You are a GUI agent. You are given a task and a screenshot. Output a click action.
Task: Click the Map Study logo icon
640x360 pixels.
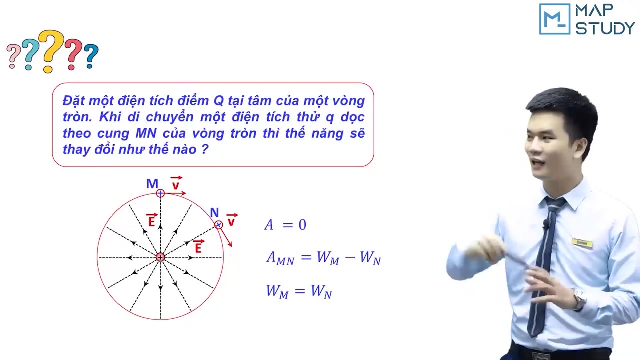click(554, 19)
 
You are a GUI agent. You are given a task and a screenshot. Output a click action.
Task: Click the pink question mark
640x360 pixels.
click(13, 56)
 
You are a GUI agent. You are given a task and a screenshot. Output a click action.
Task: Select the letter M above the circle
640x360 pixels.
click(152, 184)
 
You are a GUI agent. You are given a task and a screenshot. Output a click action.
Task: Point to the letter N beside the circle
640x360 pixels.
click(214, 213)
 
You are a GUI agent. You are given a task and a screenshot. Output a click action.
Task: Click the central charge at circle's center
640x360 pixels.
click(160, 257)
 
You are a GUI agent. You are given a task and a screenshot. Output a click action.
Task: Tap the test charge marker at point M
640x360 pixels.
click(160, 193)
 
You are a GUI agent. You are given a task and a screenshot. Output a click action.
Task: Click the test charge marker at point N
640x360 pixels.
click(218, 225)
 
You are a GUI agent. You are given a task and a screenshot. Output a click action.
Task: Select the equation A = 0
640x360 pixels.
click(285, 225)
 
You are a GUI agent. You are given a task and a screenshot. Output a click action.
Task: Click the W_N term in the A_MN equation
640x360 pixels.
click(370, 258)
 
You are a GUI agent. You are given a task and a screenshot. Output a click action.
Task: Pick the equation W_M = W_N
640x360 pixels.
click(299, 291)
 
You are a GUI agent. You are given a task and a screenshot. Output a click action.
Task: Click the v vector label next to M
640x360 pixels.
click(176, 184)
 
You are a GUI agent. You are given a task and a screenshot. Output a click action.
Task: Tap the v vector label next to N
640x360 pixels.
click(231, 220)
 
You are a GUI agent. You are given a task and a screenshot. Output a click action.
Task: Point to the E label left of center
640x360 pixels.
click(151, 220)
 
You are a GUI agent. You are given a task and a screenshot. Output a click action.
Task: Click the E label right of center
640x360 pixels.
click(198, 246)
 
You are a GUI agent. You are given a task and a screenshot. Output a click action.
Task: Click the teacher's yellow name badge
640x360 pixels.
click(582, 243)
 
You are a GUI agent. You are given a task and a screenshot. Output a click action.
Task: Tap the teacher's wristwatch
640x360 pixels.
click(579, 299)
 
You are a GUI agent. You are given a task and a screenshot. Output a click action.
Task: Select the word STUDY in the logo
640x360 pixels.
click(605, 28)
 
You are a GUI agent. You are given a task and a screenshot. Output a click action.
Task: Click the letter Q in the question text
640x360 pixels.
click(218, 101)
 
